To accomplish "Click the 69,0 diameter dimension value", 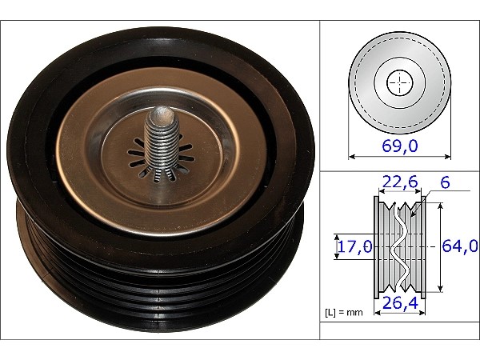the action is pyautogui.click(x=399, y=146).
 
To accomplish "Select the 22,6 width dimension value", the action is pyautogui.click(x=400, y=182).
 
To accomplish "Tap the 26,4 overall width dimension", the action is pyautogui.click(x=400, y=303).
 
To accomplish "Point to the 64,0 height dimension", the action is pyautogui.click(x=460, y=246).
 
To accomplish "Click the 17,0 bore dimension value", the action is pyautogui.click(x=355, y=246).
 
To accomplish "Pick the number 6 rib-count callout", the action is pyautogui.click(x=445, y=182).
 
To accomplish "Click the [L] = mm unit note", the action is pyautogui.click(x=343, y=312).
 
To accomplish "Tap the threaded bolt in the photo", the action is pyautogui.click(x=161, y=144).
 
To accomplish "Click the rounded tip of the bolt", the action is pyautogui.click(x=162, y=113).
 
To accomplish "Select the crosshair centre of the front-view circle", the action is pyautogui.click(x=399, y=82).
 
